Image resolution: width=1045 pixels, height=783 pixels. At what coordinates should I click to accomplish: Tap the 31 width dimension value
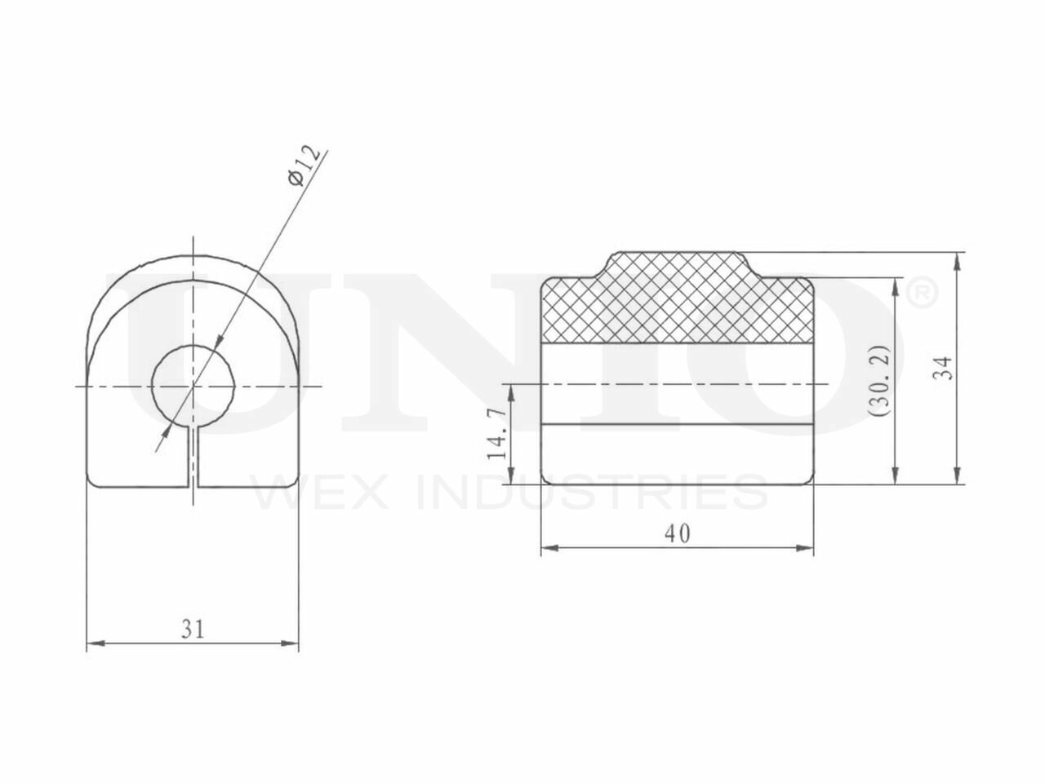click(x=193, y=629)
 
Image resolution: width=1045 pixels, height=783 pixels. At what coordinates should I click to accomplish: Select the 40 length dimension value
click(x=677, y=534)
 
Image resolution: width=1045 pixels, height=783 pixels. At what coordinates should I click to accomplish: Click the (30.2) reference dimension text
click(x=878, y=380)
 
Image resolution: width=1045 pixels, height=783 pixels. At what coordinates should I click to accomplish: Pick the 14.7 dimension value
click(x=496, y=434)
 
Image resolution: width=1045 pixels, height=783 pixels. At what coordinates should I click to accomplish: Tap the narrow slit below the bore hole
click(x=193, y=457)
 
